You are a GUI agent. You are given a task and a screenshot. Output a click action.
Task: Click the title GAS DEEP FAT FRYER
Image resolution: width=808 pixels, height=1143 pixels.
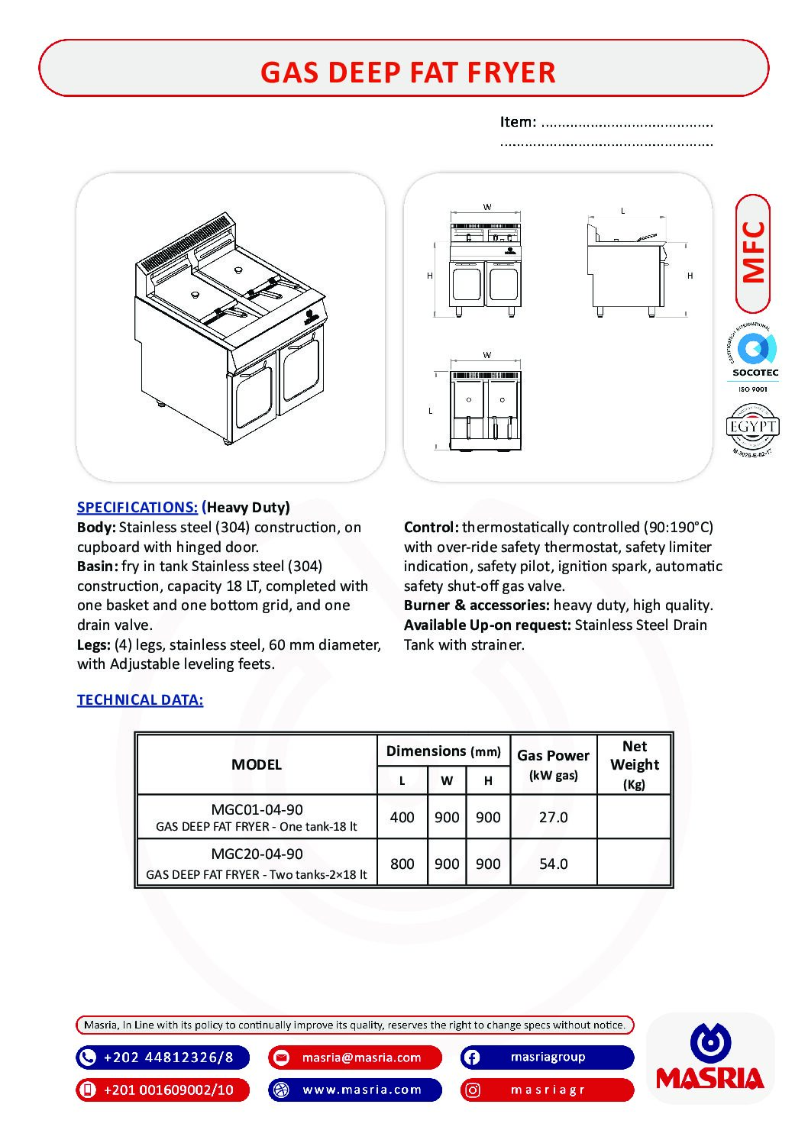click(x=408, y=73)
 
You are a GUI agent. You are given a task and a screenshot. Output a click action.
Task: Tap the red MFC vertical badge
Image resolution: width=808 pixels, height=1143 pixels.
click(x=753, y=253)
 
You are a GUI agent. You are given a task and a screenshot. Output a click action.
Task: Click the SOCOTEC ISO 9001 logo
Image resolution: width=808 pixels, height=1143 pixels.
click(x=755, y=357)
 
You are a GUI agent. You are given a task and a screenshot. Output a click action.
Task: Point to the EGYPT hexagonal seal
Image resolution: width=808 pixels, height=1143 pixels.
click(x=752, y=428)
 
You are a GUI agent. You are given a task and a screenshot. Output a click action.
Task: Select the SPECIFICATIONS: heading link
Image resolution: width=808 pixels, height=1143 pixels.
click(x=137, y=507)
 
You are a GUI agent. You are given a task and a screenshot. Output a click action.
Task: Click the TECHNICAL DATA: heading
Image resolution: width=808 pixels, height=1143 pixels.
click(x=140, y=699)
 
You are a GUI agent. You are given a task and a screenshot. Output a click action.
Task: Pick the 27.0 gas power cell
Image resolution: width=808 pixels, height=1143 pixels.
click(x=553, y=817)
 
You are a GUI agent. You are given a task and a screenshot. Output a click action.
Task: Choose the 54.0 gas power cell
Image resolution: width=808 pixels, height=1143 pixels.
click(x=553, y=864)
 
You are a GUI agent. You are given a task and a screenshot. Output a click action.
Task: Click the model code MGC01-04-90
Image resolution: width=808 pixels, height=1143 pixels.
click(x=257, y=809)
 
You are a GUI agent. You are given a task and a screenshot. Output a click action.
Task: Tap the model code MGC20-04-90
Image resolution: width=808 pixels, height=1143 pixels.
click(x=257, y=854)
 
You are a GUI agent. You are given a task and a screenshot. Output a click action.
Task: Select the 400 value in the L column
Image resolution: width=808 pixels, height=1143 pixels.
click(x=402, y=817)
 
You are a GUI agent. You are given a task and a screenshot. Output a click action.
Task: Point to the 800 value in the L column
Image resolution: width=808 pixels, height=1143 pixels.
click(x=402, y=864)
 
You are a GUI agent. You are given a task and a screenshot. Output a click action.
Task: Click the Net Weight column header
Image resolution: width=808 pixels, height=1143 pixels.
click(x=634, y=764)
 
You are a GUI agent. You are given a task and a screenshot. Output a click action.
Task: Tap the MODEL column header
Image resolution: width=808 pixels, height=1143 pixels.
click(x=257, y=764)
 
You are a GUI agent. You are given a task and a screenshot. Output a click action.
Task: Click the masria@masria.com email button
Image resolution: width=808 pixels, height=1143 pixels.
click(x=355, y=1057)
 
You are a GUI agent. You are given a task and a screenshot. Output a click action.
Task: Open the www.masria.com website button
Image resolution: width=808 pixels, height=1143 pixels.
click(x=355, y=1090)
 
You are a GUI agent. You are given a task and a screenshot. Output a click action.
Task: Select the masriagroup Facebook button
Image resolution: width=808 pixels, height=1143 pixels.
click(x=547, y=1057)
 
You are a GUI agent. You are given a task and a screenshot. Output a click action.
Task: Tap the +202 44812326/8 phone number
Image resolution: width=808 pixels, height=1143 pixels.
click(x=163, y=1057)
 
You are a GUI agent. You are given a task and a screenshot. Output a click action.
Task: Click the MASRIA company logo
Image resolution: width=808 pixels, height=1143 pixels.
click(x=710, y=1058)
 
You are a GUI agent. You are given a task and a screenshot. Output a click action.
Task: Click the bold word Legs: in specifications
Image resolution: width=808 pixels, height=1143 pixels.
click(x=94, y=644)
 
